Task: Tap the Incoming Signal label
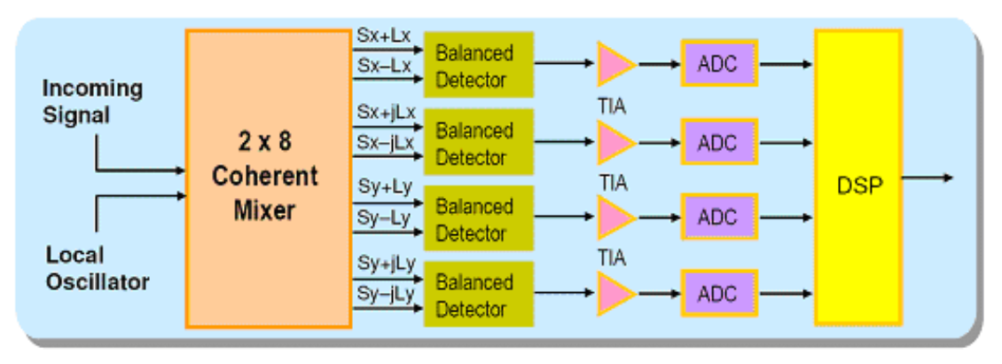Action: pyautogui.click(x=91, y=101)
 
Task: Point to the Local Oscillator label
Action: pyautogui.click(x=97, y=269)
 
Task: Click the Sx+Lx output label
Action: pyautogui.click(x=382, y=36)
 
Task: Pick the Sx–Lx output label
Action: pyautogui.click(x=382, y=66)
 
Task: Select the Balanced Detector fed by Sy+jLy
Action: pyautogui.click(x=478, y=295)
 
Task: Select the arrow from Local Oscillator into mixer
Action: pyautogui.click(x=142, y=196)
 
